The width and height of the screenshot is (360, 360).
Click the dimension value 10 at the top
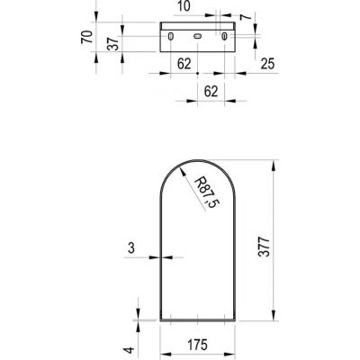click(184, 6)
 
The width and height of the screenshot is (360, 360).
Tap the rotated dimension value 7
click(247, 16)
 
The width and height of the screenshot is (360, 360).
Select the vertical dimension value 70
click(86, 37)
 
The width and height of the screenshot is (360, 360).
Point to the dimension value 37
click(113, 43)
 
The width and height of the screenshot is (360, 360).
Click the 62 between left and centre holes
click(184, 64)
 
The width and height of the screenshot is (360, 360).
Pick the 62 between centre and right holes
click(211, 91)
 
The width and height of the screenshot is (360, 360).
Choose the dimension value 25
click(267, 64)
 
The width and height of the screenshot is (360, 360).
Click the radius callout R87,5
click(207, 193)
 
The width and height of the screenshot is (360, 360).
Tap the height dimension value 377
click(265, 247)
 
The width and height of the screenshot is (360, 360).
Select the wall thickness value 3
click(131, 248)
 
